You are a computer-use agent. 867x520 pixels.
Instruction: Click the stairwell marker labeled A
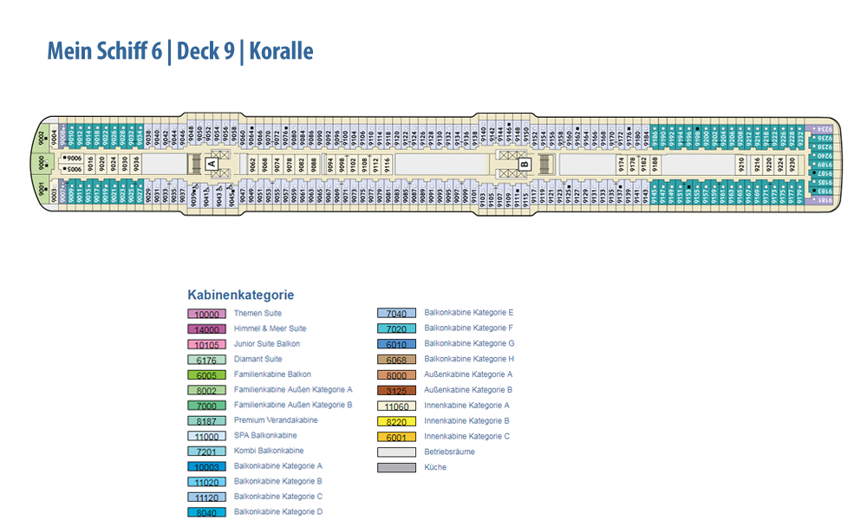[211, 162]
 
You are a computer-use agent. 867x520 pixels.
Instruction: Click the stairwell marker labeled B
[524, 162]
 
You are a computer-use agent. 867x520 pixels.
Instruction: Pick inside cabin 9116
[388, 163]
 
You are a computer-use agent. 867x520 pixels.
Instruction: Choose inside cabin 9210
[742, 163]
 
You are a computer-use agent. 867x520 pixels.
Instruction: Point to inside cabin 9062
[253, 163]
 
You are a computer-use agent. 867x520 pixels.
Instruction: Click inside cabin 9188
[655, 163]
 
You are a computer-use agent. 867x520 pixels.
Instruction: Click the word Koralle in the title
[281, 51]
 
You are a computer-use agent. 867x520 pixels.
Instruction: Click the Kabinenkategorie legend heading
[240, 295]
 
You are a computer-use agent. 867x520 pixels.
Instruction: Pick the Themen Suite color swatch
[206, 314]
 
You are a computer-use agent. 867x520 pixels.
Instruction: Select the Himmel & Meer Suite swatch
[206, 329]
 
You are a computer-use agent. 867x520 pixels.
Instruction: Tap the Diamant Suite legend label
[257, 359]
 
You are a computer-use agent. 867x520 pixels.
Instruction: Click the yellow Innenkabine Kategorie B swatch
[396, 421]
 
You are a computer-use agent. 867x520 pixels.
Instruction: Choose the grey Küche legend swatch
[396, 468]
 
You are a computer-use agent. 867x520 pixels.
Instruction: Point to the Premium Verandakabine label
[275, 420]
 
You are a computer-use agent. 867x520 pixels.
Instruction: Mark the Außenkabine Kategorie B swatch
[396, 391]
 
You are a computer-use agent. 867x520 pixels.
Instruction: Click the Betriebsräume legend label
[449, 452]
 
